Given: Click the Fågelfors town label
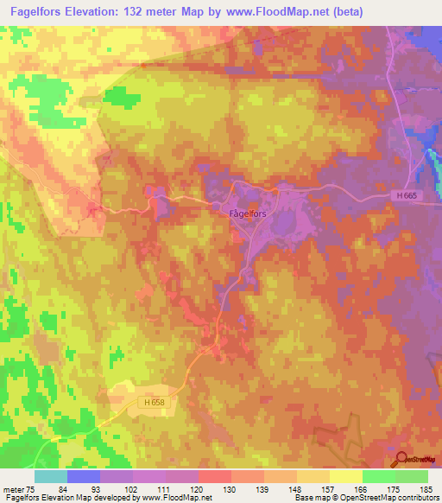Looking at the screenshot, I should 244,213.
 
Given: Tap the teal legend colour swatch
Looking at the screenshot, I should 51,476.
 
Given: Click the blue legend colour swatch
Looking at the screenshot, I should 84,476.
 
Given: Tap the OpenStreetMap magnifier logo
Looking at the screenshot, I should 402,459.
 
